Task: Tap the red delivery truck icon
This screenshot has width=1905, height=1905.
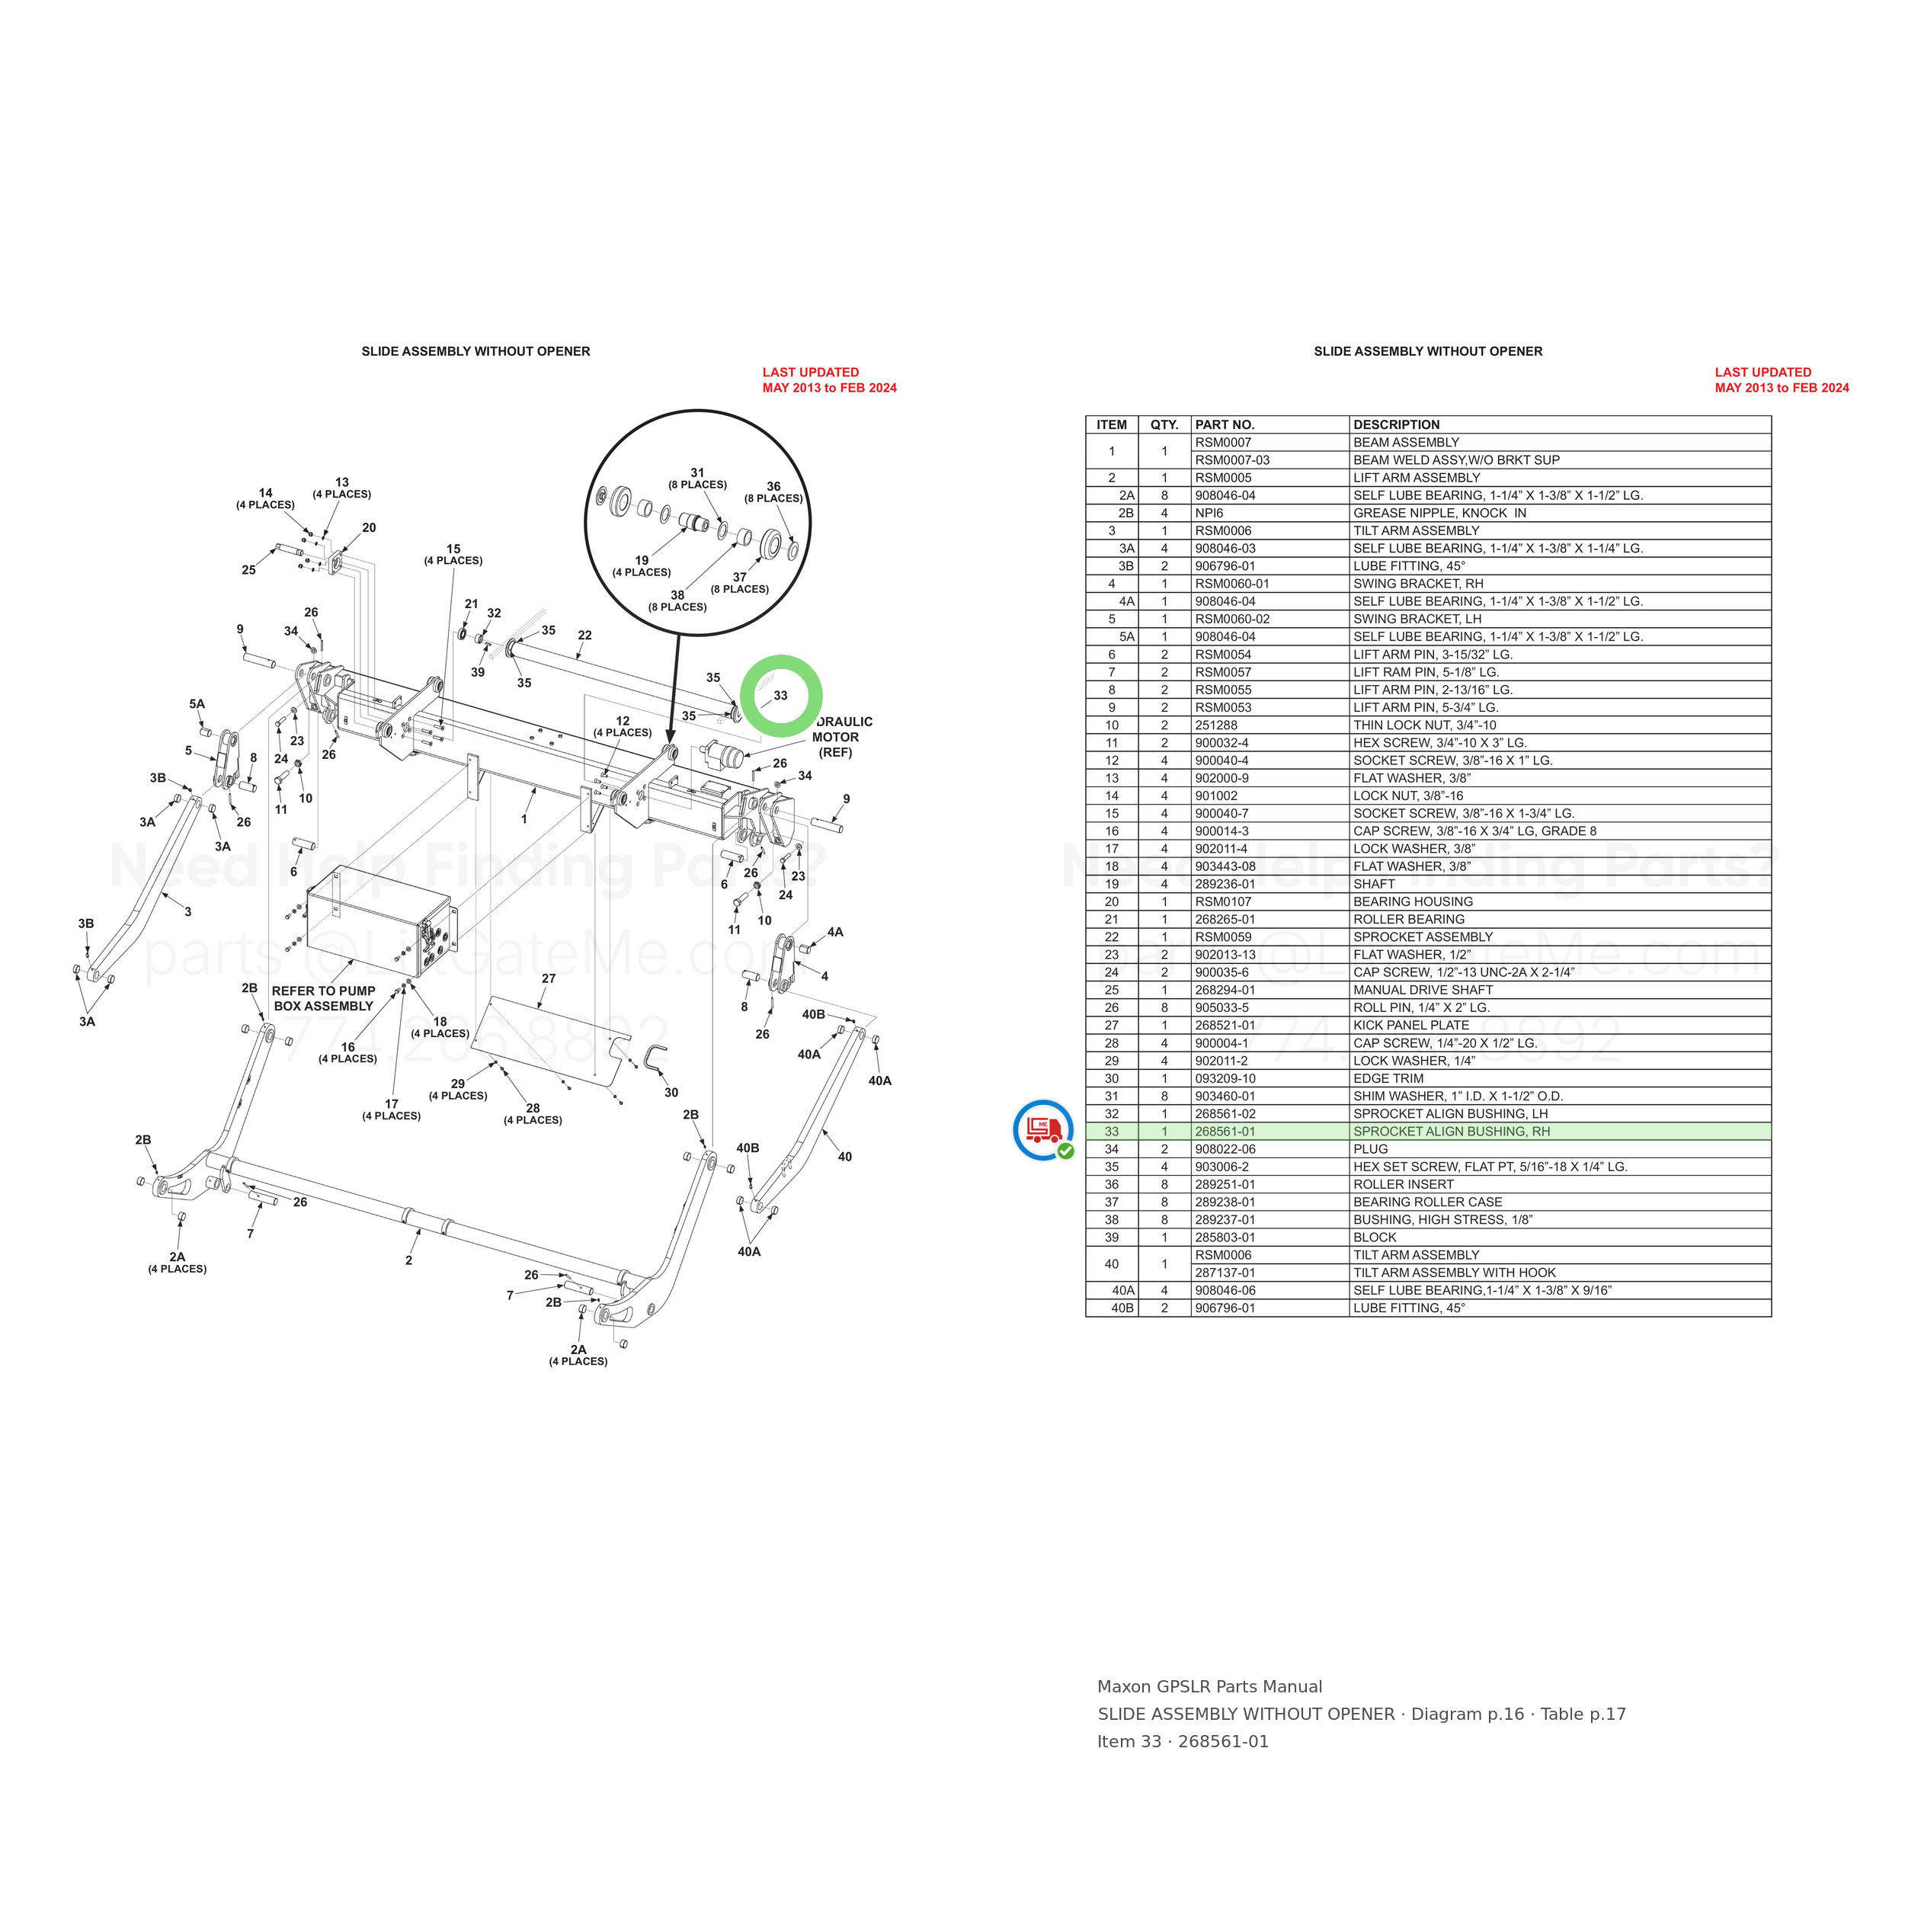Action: click(1043, 1130)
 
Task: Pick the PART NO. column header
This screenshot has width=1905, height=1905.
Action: click(1225, 425)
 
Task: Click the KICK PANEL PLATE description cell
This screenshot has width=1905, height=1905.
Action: click(1411, 1026)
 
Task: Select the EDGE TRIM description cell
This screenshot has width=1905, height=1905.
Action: click(1386, 1079)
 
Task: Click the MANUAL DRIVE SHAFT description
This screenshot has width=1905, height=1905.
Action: click(1423, 990)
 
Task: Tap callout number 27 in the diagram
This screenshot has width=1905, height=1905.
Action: click(548, 979)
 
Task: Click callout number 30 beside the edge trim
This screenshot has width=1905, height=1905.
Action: click(671, 1093)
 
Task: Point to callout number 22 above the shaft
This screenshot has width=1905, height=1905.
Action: click(584, 636)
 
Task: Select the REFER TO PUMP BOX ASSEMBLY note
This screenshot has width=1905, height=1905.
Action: click(323, 999)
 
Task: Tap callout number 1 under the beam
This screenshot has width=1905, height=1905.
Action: click(524, 819)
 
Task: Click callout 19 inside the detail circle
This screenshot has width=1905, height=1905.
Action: click(642, 561)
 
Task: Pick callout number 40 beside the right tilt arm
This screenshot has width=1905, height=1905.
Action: click(845, 1157)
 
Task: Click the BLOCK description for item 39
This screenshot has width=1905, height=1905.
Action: click(1375, 1237)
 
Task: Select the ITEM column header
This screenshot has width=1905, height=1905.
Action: click(1111, 425)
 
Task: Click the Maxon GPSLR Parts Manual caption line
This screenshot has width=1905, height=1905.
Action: click(1210, 1687)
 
